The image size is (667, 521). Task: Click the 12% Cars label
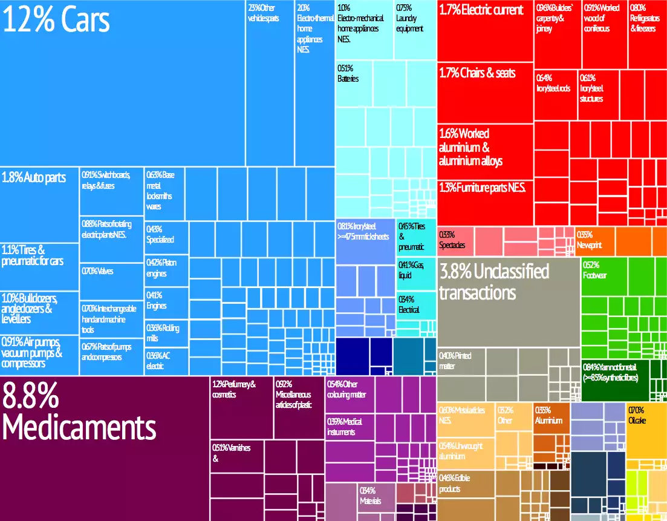click(57, 20)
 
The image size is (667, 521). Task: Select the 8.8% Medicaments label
click(79, 413)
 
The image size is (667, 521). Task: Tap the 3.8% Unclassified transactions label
click(493, 282)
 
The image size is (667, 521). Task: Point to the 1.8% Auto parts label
click(34, 179)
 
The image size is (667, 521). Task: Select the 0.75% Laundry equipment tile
click(415, 30)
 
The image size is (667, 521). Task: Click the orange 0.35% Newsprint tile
click(594, 241)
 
